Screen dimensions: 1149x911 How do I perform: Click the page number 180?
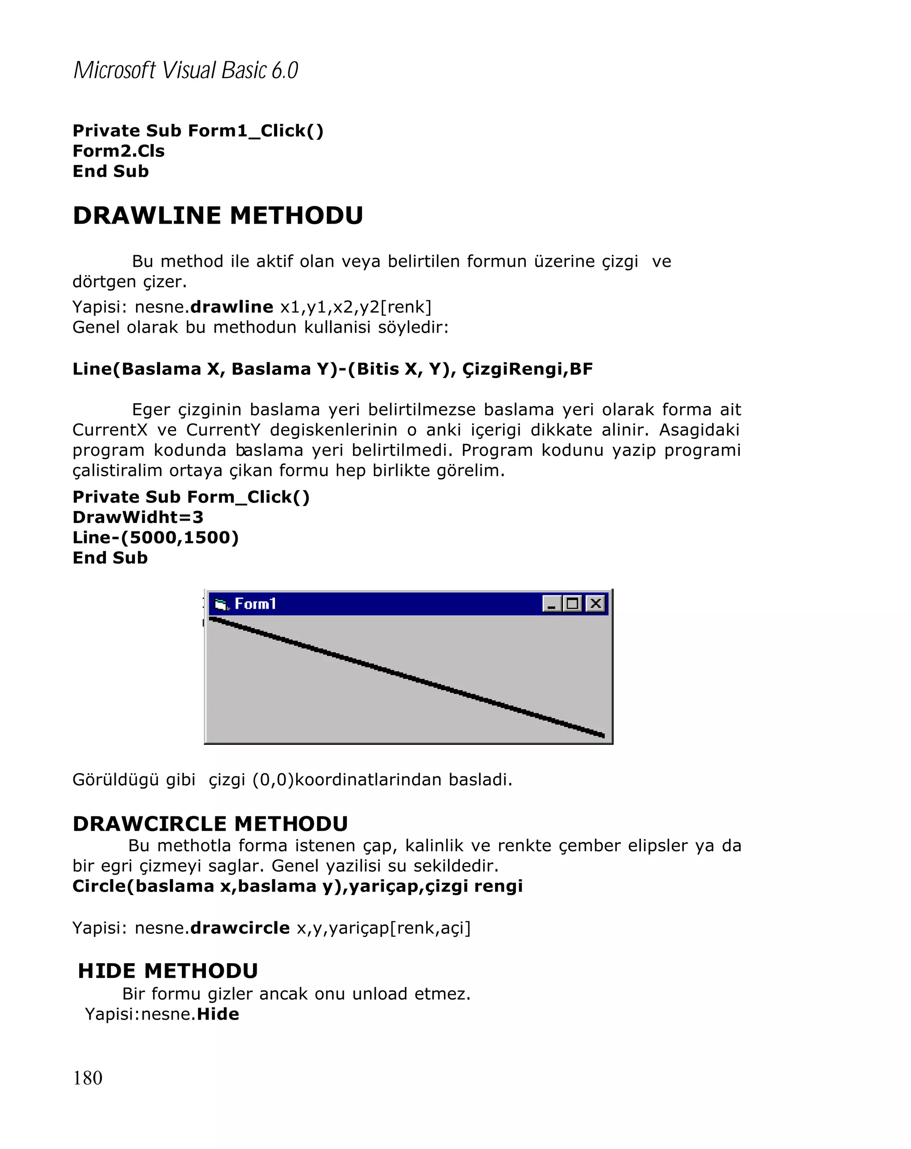(x=88, y=1077)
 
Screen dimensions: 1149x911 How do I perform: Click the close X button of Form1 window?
(x=596, y=603)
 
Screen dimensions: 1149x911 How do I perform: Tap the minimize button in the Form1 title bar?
(x=552, y=604)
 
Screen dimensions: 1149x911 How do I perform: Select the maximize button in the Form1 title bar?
(x=573, y=604)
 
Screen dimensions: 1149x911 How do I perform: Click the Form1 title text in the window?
(x=255, y=604)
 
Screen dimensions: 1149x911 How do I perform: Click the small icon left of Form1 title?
(x=221, y=604)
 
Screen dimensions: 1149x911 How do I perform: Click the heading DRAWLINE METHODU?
(x=218, y=216)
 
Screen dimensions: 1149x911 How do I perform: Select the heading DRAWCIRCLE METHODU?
(x=210, y=824)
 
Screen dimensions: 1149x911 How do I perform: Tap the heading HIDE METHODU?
(x=168, y=971)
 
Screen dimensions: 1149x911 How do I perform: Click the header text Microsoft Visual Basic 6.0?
(x=185, y=70)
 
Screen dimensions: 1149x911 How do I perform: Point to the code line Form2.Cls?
(x=118, y=151)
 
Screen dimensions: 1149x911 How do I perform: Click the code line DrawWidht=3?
(x=137, y=517)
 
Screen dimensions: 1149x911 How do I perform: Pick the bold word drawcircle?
(x=240, y=928)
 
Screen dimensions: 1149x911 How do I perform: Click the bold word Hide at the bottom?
(x=218, y=1014)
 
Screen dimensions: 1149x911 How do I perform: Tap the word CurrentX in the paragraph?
(x=109, y=430)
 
